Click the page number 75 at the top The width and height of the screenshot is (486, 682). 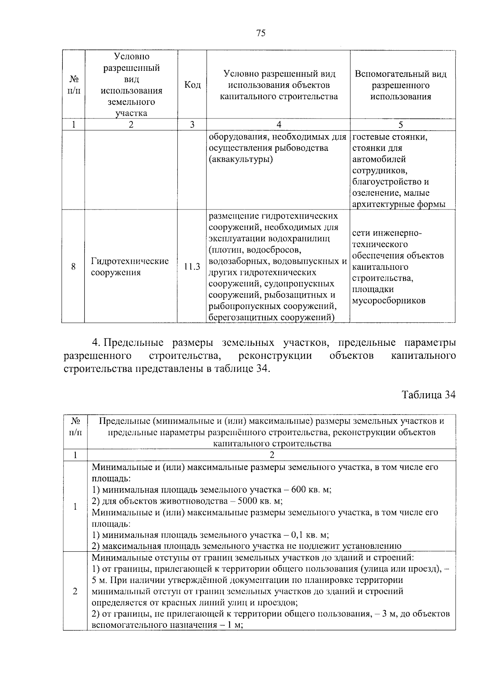click(x=261, y=34)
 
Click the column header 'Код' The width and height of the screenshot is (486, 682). click(x=192, y=85)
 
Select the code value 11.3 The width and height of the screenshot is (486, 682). click(x=192, y=267)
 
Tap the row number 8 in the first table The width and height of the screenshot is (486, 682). click(x=73, y=267)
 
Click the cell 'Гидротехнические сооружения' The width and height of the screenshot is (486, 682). click(x=130, y=267)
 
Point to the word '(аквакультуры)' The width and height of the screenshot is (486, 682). click(x=241, y=159)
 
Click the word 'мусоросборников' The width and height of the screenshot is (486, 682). click(x=389, y=301)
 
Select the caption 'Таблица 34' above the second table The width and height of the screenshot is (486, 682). click(x=428, y=395)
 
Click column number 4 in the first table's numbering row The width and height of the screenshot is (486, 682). click(x=278, y=125)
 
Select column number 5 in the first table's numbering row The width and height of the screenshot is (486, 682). click(x=401, y=125)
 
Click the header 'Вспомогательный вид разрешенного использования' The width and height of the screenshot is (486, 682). click(x=401, y=85)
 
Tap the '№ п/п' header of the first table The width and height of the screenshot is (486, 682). click(x=73, y=85)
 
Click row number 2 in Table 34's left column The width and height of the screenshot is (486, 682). click(x=75, y=591)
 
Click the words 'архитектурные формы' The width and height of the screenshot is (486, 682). click(x=399, y=204)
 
